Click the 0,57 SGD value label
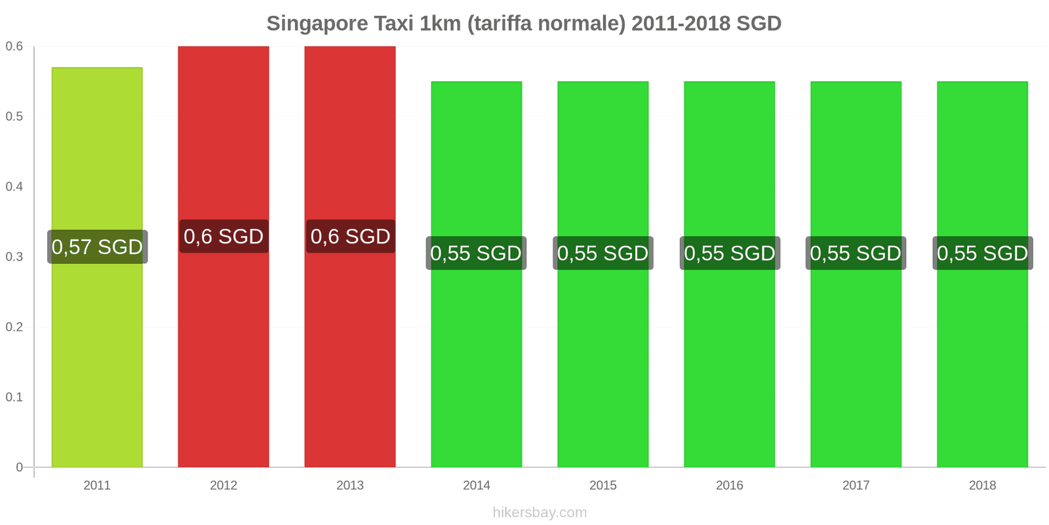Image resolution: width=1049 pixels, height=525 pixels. (97, 247)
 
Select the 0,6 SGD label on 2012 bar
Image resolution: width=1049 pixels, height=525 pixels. (224, 236)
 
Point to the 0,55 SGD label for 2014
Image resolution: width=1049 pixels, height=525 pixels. (476, 253)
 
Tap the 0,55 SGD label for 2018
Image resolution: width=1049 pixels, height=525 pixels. (982, 253)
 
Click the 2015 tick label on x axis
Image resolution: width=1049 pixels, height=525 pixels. (603, 486)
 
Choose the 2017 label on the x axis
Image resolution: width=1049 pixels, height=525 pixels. (856, 486)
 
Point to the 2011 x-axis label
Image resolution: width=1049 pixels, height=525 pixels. (97, 486)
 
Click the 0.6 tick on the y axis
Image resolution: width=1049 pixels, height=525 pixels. (14, 47)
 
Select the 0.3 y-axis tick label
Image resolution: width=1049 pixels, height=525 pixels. (14, 257)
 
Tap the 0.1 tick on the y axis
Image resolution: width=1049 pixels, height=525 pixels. (14, 397)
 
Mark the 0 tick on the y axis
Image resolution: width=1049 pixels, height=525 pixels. (19, 467)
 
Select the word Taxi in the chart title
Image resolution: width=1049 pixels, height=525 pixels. (394, 24)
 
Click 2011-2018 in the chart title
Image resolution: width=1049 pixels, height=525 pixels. (681, 24)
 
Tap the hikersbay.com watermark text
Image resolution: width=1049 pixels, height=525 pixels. (540, 513)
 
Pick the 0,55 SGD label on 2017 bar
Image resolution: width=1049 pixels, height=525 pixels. (856, 253)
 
